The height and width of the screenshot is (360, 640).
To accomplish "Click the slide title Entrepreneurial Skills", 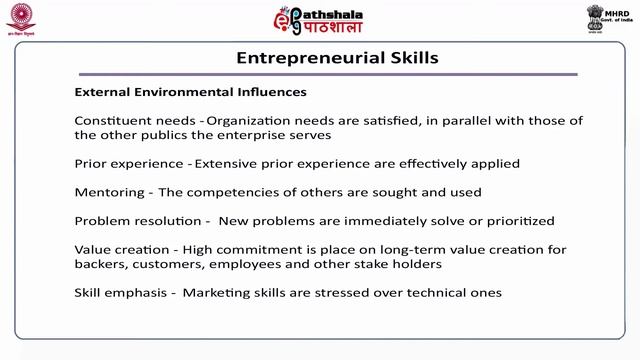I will coord(337,57).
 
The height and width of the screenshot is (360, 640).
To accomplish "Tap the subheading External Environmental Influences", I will coord(190,93).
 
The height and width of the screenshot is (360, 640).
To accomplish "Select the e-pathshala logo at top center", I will coord(317,20).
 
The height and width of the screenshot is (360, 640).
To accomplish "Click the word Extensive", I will coord(227,163).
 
